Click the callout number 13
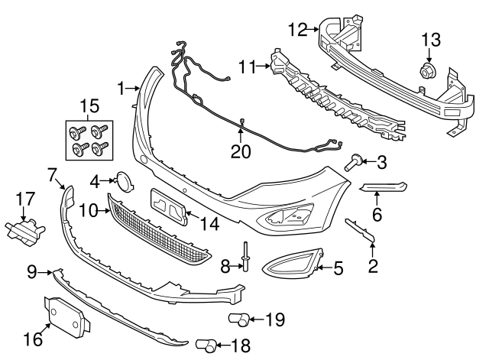431,39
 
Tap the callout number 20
241,151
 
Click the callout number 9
32,270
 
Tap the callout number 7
52,175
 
